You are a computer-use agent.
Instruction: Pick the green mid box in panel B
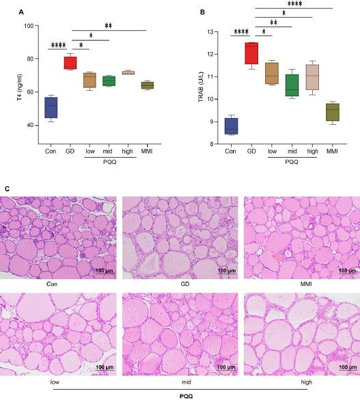point(292,85)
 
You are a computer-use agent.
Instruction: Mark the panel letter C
point(5,188)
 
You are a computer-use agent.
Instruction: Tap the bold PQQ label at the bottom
point(179,394)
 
